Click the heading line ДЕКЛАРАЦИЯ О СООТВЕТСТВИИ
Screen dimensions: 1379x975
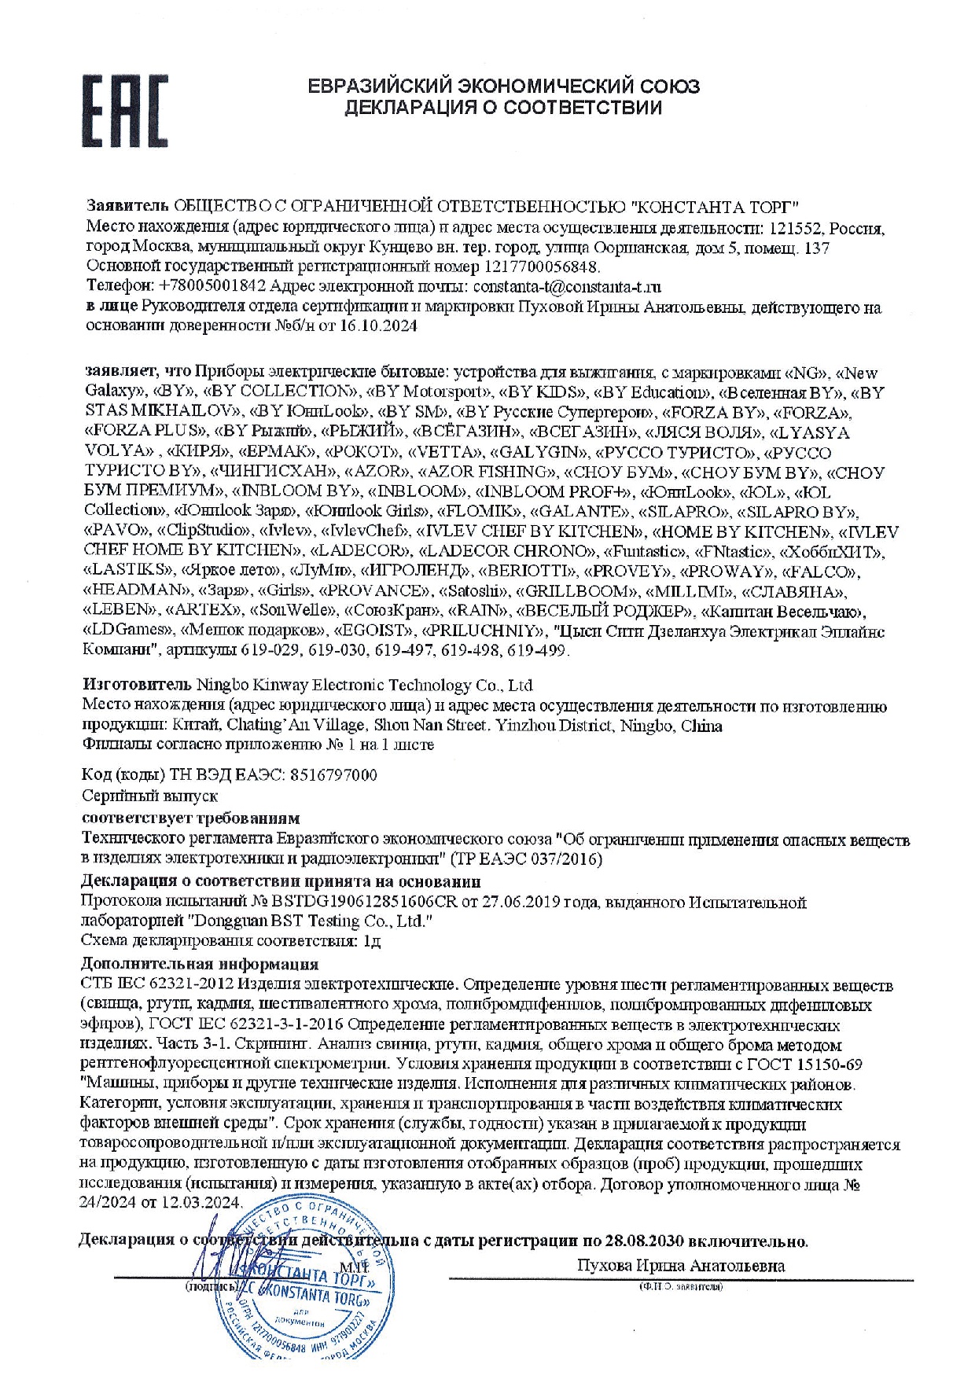tap(503, 108)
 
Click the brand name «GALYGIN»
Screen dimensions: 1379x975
tap(539, 453)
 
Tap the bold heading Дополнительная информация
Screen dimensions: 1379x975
tap(200, 963)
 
